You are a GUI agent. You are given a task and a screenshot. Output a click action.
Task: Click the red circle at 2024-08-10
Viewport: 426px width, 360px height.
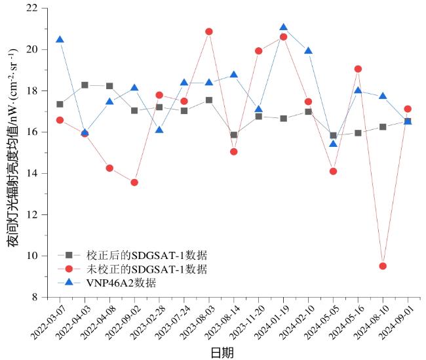click(383, 266)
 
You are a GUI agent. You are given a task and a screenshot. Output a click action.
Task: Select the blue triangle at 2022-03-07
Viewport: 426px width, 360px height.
click(60, 40)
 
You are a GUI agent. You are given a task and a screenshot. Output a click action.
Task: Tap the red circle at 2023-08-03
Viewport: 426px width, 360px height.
click(209, 31)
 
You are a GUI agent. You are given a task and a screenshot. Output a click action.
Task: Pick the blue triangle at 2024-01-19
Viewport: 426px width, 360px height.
click(283, 28)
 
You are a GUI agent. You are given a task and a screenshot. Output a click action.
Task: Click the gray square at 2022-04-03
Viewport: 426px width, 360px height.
click(85, 85)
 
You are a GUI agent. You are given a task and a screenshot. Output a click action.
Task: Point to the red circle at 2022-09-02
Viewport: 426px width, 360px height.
click(134, 182)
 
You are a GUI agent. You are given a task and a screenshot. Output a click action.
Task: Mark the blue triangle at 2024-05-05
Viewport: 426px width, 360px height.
click(333, 144)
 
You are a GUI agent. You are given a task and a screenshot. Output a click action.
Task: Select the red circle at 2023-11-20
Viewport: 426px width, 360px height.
click(259, 50)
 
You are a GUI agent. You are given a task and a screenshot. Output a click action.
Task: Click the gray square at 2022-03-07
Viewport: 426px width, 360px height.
click(60, 104)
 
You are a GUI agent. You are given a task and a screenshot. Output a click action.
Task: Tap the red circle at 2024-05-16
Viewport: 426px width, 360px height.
click(358, 69)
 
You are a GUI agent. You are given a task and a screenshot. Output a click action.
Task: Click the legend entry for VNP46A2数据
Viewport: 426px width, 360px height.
click(121, 283)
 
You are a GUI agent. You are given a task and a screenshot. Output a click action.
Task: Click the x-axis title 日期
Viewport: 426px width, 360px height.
click(222, 353)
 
